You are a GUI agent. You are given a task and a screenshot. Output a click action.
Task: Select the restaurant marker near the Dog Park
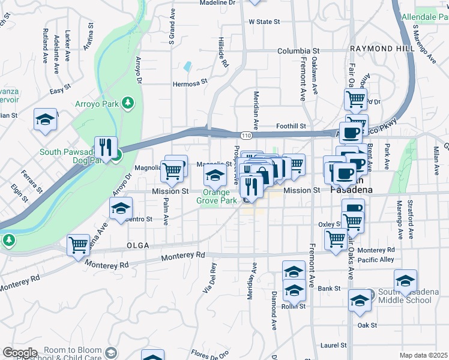pyautogui.click(x=106, y=149)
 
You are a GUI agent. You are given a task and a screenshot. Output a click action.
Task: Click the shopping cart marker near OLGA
pyautogui.click(x=79, y=246)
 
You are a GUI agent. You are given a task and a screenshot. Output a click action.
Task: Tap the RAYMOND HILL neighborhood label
pyautogui.click(x=375, y=48)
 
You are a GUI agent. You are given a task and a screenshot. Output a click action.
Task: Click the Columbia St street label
pyautogui.click(x=298, y=51)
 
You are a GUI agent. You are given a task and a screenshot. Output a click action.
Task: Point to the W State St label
pyautogui.click(x=264, y=22)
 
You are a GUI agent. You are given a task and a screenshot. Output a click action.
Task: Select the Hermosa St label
pyautogui.click(x=190, y=82)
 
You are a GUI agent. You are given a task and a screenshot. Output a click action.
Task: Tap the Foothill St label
pyautogui.click(x=291, y=126)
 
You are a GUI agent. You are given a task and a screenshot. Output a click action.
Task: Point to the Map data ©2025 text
pyautogui.click(x=423, y=355)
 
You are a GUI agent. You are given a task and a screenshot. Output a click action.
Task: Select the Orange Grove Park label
pyautogui.click(x=216, y=197)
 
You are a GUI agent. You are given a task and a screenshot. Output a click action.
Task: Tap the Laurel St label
pyautogui.click(x=334, y=345)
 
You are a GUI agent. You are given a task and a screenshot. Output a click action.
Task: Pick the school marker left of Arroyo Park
pyautogui.click(x=45, y=121)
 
